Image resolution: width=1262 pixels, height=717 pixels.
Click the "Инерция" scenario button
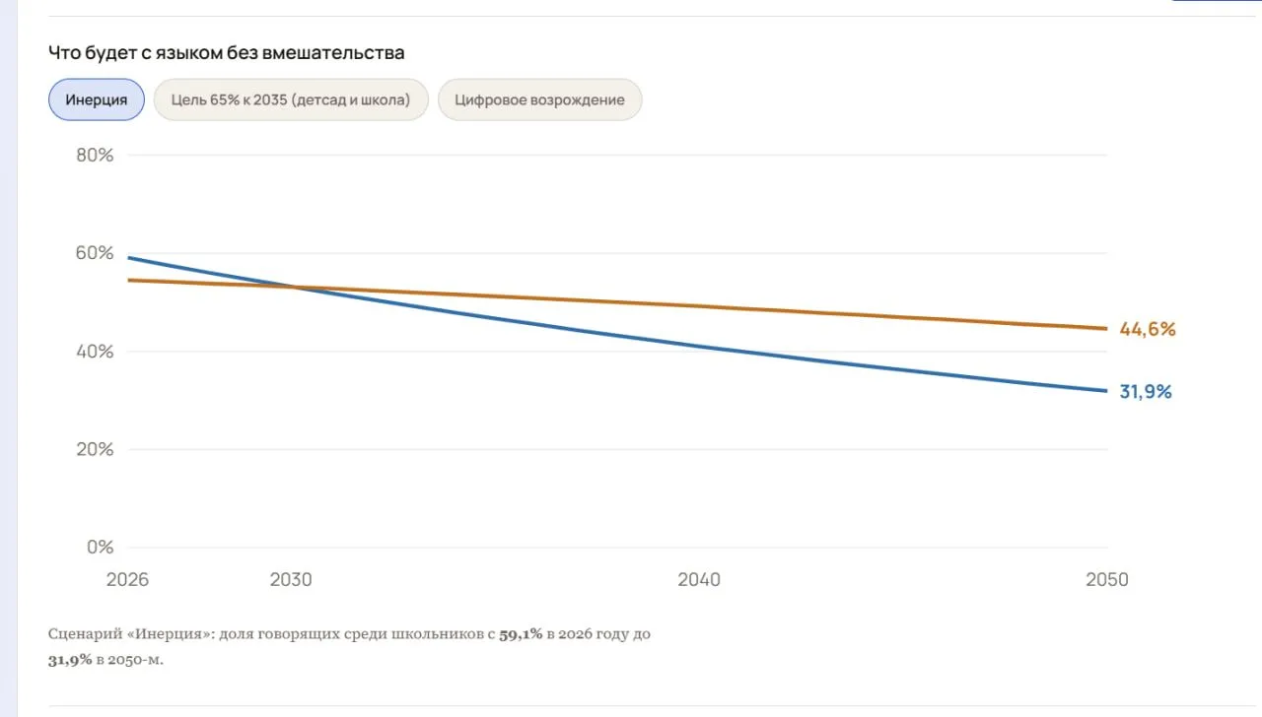pos(97,99)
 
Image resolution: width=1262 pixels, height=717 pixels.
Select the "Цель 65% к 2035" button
pos(291,99)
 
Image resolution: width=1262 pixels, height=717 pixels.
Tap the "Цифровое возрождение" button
pos(539,99)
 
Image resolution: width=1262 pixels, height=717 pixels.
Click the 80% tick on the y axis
pos(95,155)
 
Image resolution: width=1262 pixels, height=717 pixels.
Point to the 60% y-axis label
pos(95,253)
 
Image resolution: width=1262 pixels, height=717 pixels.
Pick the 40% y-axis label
pos(95,352)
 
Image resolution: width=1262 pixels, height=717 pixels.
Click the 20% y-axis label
pos(95,449)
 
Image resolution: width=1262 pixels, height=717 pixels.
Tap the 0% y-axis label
pos(100,547)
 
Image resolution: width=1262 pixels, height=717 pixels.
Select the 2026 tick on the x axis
pos(127,580)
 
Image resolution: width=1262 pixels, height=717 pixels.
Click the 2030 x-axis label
pos(291,580)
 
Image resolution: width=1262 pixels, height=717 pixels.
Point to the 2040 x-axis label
pos(699,580)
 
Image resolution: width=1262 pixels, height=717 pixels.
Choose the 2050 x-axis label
pos(1107,580)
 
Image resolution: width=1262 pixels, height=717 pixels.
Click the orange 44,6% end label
pos(1148,329)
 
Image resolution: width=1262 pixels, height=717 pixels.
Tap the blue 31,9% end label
pos(1146,391)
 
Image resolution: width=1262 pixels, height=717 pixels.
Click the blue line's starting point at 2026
pos(129,258)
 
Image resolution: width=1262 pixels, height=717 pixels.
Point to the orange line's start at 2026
pos(129,280)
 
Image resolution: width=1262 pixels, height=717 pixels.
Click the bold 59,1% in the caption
pos(521,634)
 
